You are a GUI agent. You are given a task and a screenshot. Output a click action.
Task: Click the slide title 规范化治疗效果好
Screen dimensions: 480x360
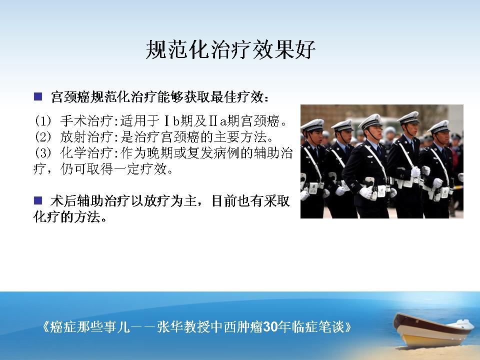(230, 49)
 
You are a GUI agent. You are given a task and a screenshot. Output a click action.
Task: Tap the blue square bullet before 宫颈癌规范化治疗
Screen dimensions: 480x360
(38, 96)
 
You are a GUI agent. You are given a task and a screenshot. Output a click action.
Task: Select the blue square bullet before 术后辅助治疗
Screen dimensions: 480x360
(38, 201)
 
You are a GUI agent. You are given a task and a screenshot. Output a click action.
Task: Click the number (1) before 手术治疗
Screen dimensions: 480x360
(42, 121)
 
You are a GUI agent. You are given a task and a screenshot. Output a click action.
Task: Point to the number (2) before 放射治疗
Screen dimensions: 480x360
(42, 137)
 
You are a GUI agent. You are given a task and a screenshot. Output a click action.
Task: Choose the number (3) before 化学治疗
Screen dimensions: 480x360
(42, 153)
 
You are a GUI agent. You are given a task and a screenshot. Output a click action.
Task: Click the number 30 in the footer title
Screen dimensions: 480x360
(270, 327)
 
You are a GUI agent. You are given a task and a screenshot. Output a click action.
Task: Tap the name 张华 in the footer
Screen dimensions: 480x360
(170, 327)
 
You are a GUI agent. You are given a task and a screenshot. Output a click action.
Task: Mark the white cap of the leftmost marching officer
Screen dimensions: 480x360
(312, 124)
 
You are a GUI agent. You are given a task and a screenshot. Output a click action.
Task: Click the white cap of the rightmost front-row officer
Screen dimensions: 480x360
(439, 126)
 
